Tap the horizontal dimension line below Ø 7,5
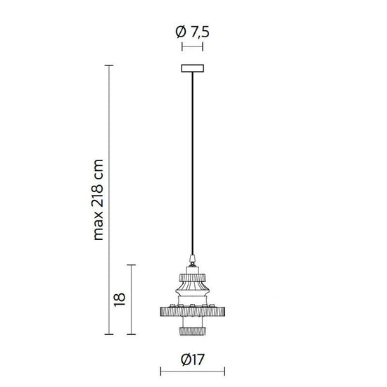coord(193,47)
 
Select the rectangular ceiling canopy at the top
coord(193,68)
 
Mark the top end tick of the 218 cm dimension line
coord(109,65)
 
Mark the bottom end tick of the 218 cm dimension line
coord(109,334)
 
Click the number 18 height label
coord(119,298)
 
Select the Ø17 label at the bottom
coord(192,359)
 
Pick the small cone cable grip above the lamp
coord(193,259)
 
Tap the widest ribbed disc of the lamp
coord(193,311)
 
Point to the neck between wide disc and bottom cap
coord(193,320)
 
